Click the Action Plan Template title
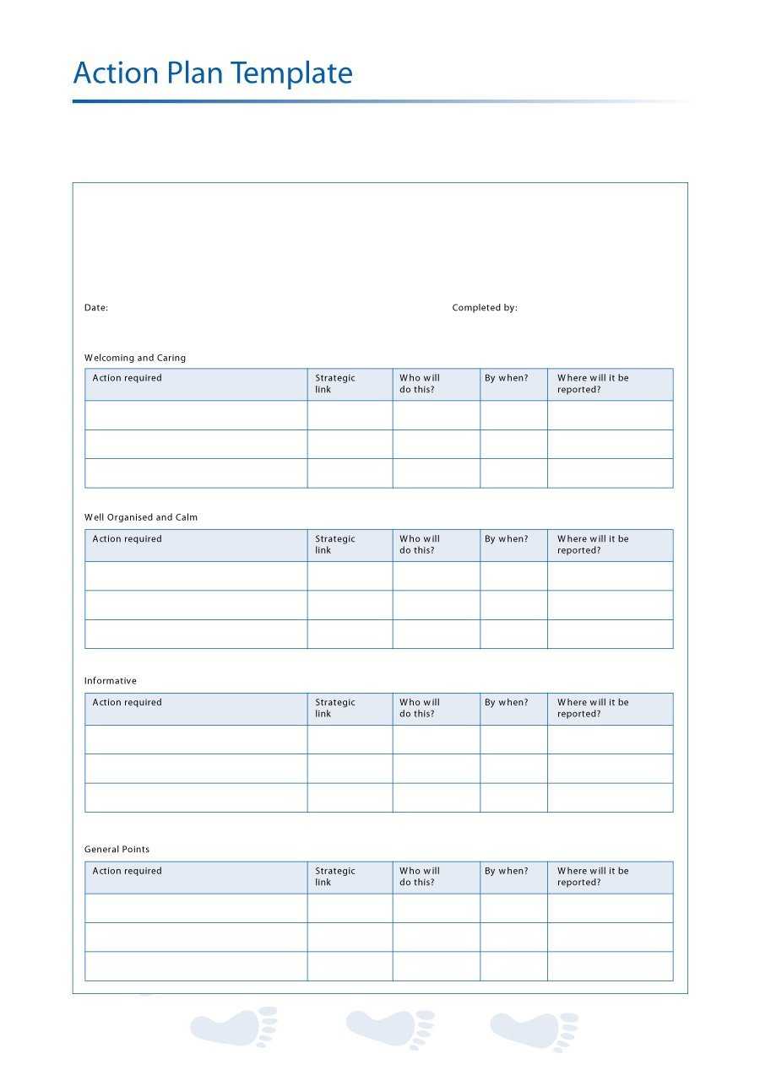click(213, 73)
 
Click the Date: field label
click(96, 308)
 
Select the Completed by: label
click(485, 308)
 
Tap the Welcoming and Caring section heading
click(135, 358)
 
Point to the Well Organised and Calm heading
click(141, 517)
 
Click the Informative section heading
click(111, 681)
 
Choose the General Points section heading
click(117, 850)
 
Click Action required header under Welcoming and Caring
click(128, 378)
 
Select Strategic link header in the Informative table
click(335, 708)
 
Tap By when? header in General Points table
click(507, 871)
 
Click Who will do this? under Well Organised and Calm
click(420, 544)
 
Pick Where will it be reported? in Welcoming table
click(593, 384)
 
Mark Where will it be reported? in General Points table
click(593, 877)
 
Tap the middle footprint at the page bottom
click(390, 1028)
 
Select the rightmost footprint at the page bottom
click(535, 1029)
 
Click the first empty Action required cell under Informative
click(196, 740)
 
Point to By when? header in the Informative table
click(507, 702)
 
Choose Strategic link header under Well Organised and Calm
click(335, 544)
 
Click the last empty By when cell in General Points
click(513, 966)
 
